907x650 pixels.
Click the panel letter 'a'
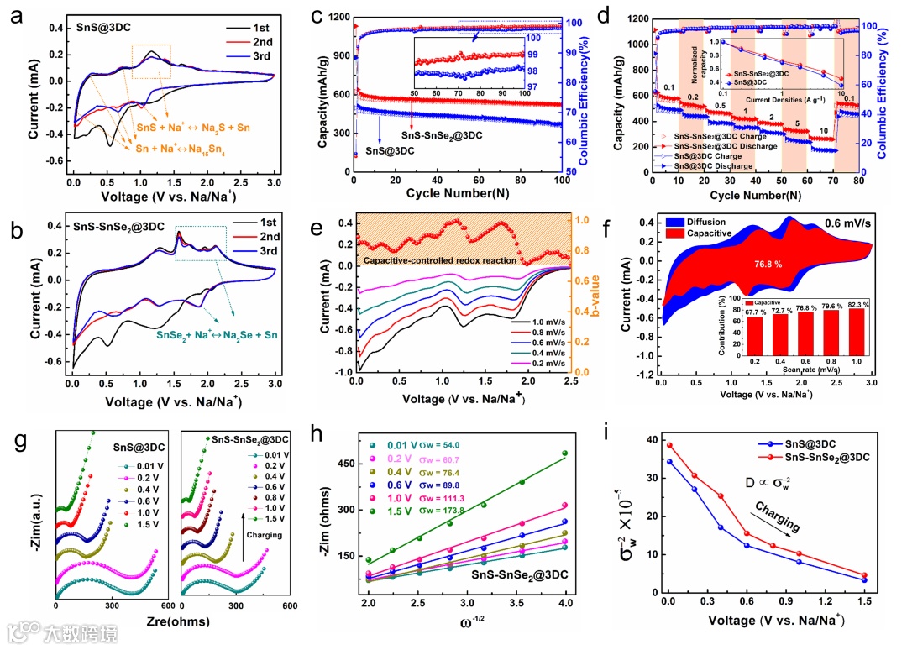[x=14, y=18]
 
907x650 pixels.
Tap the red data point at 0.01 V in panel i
[x=669, y=445]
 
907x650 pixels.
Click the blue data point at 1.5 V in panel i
[x=864, y=580]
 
